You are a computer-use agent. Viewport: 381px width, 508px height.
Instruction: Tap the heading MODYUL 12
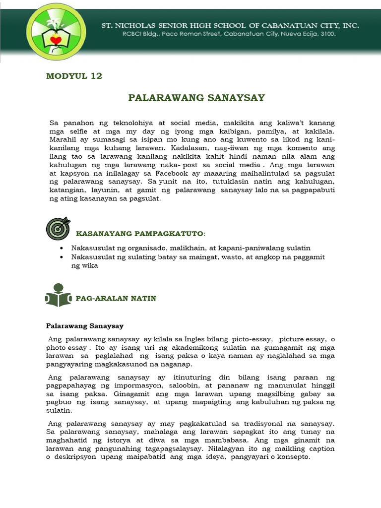click(x=74, y=76)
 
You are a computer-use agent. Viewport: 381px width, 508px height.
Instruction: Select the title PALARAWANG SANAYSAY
click(x=196, y=98)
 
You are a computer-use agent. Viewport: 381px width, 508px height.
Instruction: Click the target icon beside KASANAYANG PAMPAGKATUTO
click(x=58, y=228)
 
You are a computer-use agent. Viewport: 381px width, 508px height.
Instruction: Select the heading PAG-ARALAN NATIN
click(x=116, y=298)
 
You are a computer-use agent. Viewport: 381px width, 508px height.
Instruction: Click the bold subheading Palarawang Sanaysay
click(x=85, y=326)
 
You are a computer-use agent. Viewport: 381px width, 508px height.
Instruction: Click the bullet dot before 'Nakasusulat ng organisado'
click(x=61, y=248)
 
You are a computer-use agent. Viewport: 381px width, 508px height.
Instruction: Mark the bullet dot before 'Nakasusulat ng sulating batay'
click(x=61, y=256)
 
